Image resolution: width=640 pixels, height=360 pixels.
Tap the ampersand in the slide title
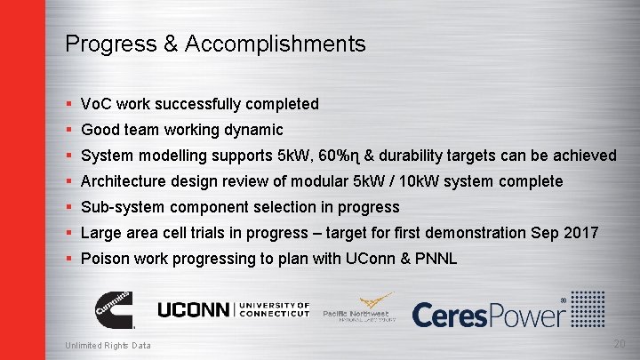[171, 44]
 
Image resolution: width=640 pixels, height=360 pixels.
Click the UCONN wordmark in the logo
[193, 309]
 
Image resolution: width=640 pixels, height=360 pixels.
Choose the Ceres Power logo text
[488, 314]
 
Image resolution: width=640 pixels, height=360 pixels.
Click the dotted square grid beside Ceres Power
[588, 308]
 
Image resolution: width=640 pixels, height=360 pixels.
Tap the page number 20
[620, 344]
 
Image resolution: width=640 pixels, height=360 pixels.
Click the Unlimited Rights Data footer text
[108, 345]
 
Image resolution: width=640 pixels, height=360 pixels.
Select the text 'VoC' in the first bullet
[96, 104]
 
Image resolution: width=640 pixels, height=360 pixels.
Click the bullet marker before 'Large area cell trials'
[69, 233]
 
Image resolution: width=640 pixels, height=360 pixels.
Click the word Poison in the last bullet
[104, 259]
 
